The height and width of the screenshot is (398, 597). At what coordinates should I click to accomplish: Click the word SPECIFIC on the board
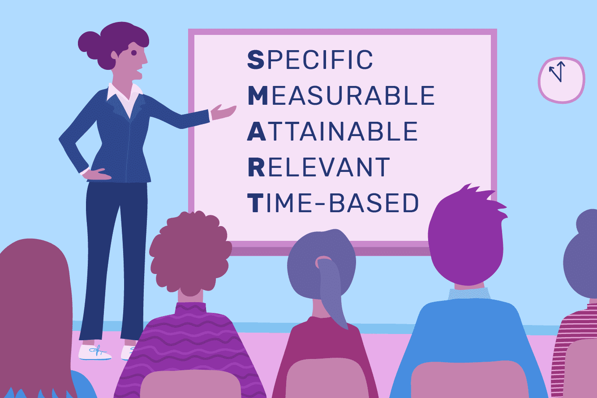tap(310, 60)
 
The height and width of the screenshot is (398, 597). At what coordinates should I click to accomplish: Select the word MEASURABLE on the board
tap(341, 95)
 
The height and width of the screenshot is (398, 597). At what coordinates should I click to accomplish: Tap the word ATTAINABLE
tap(332, 131)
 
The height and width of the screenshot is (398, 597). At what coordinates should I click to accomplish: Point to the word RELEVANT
tap(319, 167)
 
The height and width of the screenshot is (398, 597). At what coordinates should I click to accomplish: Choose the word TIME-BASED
tap(333, 203)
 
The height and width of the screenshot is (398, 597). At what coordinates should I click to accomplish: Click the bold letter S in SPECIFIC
tap(256, 60)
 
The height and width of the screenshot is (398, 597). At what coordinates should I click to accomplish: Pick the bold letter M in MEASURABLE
tap(258, 95)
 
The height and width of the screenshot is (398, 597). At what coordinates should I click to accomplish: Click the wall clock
tap(562, 80)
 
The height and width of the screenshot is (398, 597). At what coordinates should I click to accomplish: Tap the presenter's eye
tap(134, 53)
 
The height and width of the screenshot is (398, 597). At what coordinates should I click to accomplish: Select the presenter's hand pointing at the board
tap(223, 112)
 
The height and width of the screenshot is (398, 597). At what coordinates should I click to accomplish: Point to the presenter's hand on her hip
tap(96, 174)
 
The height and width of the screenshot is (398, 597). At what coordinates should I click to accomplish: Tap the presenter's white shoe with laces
tap(94, 352)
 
